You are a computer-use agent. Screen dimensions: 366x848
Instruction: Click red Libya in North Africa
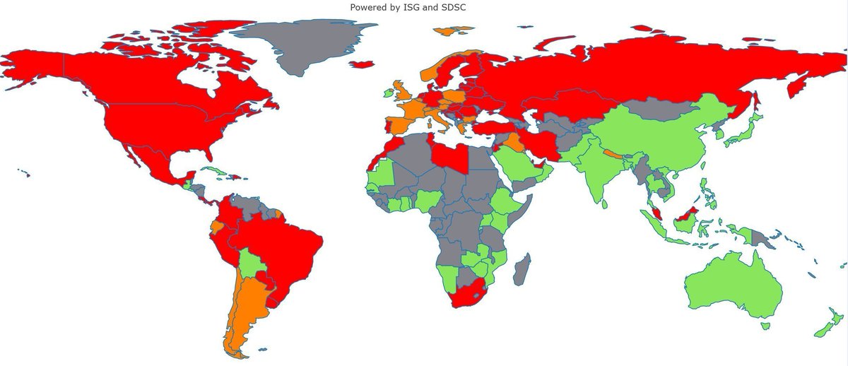point(449,156)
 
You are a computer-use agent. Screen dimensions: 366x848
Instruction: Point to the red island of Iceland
point(362,64)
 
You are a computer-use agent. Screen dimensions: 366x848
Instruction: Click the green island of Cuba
point(212,172)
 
